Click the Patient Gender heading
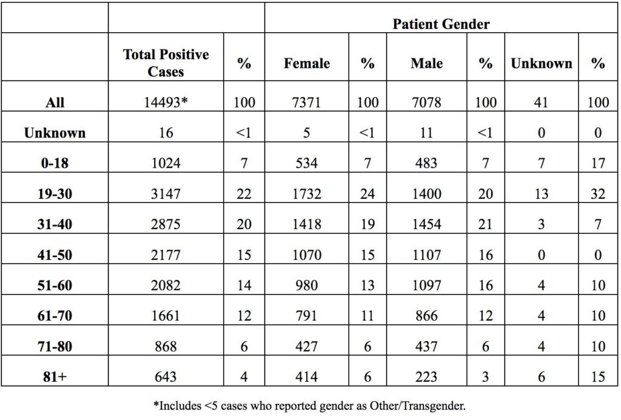click(x=441, y=24)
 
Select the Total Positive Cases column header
click(x=166, y=62)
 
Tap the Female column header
click(x=306, y=64)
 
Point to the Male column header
click(x=426, y=64)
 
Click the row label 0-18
click(x=55, y=163)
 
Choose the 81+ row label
click(x=55, y=376)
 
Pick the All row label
click(x=55, y=102)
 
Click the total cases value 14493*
click(x=166, y=102)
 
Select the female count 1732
click(x=306, y=194)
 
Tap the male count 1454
click(x=426, y=224)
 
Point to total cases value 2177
click(x=166, y=255)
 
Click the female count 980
click(x=306, y=285)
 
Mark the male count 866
click(x=426, y=316)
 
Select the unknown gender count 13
click(x=542, y=194)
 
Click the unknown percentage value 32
click(x=598, y=194)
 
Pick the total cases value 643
click(x=166, y=376)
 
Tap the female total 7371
click(x=306, y=102)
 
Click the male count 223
click(x=426, y=376)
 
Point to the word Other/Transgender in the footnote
click(x=417, y=405)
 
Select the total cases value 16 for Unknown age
click(x=166, y=133)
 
